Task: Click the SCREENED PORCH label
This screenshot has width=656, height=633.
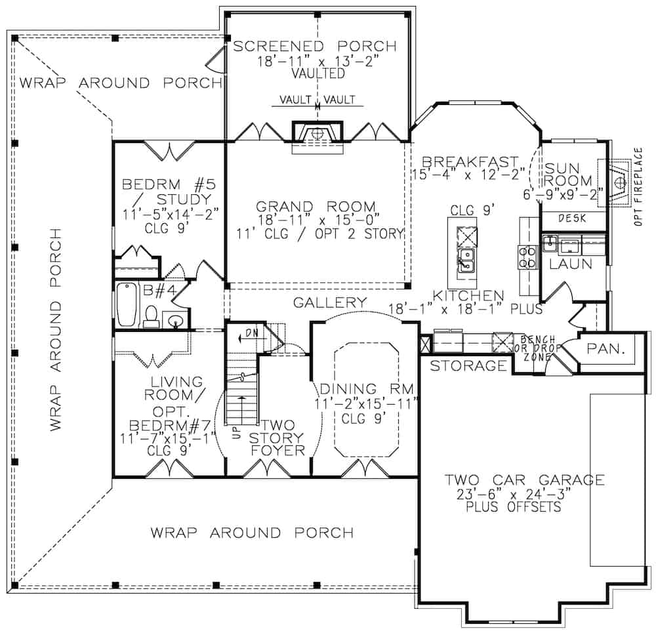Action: click(315, 47)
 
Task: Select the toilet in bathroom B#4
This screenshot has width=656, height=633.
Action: click(151, 316)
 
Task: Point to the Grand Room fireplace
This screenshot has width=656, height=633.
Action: click(318, 135)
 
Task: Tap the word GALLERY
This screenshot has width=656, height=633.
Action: click(330, 302)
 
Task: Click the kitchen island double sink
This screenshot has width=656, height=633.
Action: click(466, 260)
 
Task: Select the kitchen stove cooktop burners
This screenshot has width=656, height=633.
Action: click(527, 257)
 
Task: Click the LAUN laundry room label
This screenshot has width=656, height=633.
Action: click(571, 264)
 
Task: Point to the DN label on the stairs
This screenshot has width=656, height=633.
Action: click(250, 334)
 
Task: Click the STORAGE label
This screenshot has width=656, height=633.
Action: click(468, 366)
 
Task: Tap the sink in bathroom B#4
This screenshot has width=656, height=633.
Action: click(174, 320)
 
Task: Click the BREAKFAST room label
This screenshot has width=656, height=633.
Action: click(470, 161)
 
